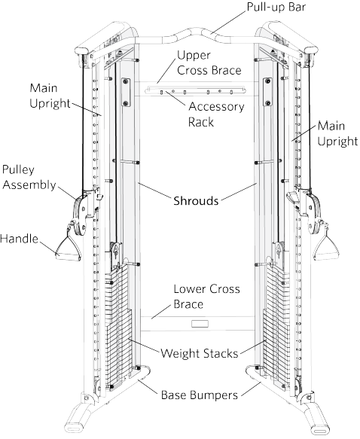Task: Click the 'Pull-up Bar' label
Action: (276, 7)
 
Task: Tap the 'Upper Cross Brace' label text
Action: (209, 62)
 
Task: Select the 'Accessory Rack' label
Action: (216, 114)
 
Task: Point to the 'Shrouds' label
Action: (196, 201)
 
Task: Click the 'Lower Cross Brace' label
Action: (206, 297)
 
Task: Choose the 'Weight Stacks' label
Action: (200, 353)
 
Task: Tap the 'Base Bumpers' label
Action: (200, 395)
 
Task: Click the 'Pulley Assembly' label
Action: (29, 177)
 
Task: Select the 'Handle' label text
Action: (19, 239)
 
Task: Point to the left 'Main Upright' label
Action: (50, 96)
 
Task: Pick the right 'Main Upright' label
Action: (337, 133)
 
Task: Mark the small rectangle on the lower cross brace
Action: (200, 324)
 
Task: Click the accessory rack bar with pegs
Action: (195, 90)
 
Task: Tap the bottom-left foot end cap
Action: (74, 428)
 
